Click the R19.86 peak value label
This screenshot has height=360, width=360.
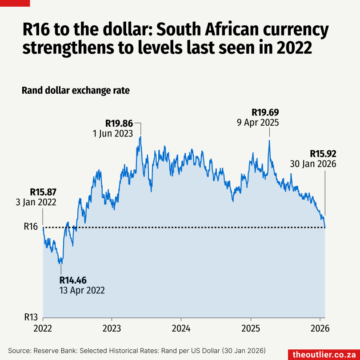point(119,123)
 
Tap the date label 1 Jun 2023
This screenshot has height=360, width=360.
point(112,133)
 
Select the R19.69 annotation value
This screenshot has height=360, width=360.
point(265,112)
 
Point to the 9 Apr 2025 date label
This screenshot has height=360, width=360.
point(258,122)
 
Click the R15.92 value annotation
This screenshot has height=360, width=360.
point(323,154)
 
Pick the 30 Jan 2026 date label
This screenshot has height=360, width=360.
point(313,164)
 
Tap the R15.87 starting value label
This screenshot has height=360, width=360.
point(43,192)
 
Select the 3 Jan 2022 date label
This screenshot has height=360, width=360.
point(36,202)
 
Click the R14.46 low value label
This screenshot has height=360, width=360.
point(73,280)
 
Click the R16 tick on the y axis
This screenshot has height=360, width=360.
point(30,227)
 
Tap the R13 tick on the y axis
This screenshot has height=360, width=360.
point(30,317)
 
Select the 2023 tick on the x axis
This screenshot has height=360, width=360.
point(112,329)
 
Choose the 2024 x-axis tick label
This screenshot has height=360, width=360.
point(181,329)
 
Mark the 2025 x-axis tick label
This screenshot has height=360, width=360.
point(251,329)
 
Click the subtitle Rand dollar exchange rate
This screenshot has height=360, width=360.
point(76,91)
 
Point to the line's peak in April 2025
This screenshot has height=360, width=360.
point(269,141)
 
